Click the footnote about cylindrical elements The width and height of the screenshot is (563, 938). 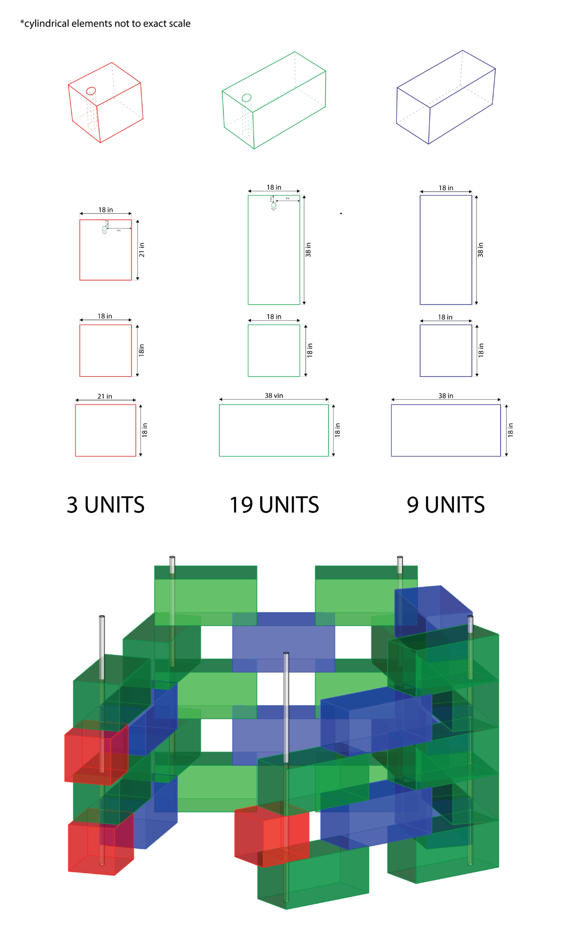(105, 24)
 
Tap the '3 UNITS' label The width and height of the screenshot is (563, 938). (105, 505)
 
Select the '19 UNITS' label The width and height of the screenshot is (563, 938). (274, 505)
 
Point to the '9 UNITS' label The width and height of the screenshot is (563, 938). (446, 505)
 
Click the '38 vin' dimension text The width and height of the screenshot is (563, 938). (274, 396)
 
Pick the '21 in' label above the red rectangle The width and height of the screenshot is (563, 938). (104, 396)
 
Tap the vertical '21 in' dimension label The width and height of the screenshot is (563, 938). (142, 250)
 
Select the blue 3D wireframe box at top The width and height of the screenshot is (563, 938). (446, 97)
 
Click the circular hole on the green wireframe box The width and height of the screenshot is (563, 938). (246, 98)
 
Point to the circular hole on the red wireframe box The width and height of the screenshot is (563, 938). (91, 91)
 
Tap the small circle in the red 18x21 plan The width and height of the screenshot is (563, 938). (104, 228)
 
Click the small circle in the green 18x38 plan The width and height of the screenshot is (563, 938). (273, 205)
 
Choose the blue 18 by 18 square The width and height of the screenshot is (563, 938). (446, 351)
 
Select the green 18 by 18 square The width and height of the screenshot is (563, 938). (274, 351)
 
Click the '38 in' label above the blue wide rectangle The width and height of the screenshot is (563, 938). (446, 396)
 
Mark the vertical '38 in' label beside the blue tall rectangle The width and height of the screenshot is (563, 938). (481, 250)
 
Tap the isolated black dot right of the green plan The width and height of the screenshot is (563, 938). (341, 213)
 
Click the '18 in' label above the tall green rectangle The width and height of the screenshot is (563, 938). (274, 187)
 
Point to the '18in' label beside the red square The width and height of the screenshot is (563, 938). (142, 350)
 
